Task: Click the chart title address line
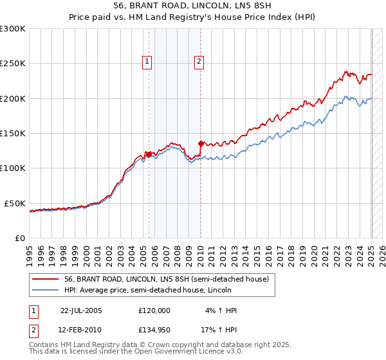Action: coord(192,6)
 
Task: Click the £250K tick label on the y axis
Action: coord(13,64)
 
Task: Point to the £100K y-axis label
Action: coord(13,168)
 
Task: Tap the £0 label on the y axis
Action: coord(20,238)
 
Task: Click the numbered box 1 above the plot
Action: coord(147,62)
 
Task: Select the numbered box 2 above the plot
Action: coord(199,62)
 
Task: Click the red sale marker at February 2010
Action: coord(201,143)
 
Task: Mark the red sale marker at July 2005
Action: coord(149,154)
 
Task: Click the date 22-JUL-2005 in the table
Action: coord(81,310)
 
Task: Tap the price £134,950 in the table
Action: coord(154,330)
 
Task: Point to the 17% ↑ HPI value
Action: coord(220,330)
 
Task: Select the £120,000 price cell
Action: coord(154,310)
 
